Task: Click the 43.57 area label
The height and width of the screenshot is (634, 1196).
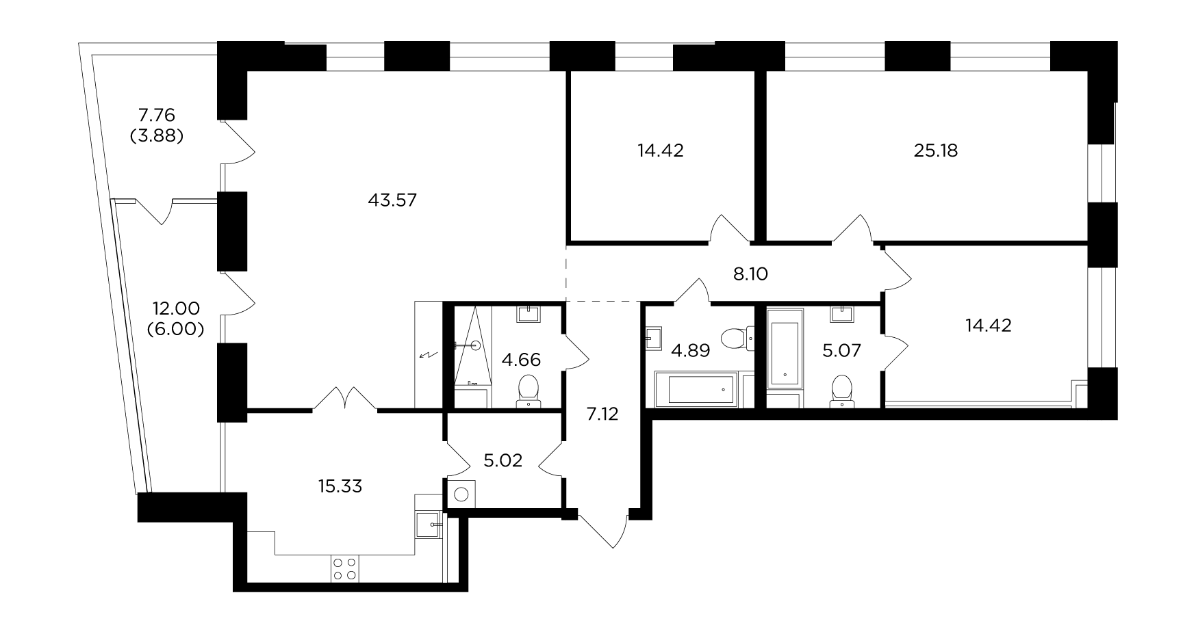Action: click(x=392, y=200)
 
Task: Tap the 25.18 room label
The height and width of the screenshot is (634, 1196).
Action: click(x=936, y=150)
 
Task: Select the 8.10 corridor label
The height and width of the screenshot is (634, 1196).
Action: click(x=750, y=274)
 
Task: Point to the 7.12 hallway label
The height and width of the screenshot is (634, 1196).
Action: click(x=602, y=414)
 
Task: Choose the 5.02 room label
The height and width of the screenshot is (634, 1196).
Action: click(x=503, y=460)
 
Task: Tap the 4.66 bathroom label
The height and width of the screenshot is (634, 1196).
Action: click(x=521, y=360)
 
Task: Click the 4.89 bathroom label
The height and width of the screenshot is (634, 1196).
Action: click(x=690, y=351)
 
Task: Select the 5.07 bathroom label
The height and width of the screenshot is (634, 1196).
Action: click(x=841, y=351)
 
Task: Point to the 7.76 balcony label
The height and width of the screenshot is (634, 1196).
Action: click(x=157, y=114)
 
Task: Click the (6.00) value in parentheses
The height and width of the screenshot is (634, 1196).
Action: click(x=176, y=329)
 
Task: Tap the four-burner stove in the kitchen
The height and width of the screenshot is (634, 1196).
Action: click(x=344, y=568)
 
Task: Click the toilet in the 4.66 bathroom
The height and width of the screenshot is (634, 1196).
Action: click(x=528, y=390)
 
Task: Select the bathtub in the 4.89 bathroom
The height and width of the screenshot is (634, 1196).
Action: click(x=697, y=390)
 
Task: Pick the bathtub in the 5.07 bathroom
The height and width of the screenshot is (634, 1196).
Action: click(x=784, y=347)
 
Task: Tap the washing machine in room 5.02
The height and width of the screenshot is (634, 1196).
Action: click(x=463, y=494)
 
